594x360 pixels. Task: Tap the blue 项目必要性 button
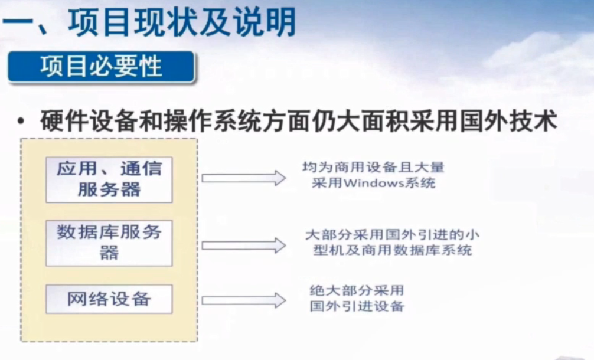(x=101, y=67)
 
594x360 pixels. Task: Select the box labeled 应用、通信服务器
(x=109, y=179)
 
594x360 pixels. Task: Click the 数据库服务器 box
(x=109, y=243)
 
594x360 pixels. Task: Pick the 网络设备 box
(x=109, y=299)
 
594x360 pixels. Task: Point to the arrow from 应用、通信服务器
(x=243, y=178)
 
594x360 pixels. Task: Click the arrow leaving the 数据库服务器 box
(x=243, y=246)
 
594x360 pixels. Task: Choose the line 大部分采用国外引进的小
(x=392, y=234)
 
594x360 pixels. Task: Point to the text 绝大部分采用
(x=357, y=291)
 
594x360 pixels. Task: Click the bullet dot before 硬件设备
(x=21, y=122)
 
